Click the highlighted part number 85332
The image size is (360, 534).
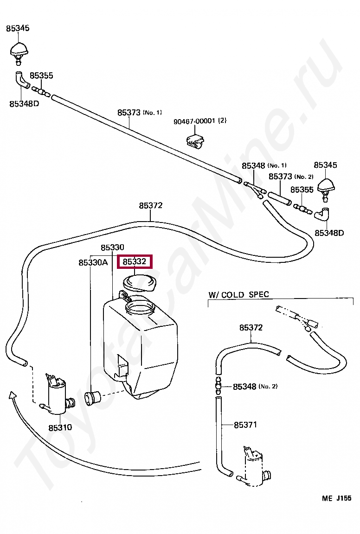pos(135,261)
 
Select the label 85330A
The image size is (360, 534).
pos(93,262)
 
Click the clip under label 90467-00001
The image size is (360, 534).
pos(195,140)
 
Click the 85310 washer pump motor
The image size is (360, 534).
pos(57,395)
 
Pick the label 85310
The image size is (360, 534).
pos(60,427)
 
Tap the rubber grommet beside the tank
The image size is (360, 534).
pos(92,398)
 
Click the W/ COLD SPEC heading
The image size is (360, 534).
pos(238,295)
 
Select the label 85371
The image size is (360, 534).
pos(245,425)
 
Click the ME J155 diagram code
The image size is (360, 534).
pos(336,498)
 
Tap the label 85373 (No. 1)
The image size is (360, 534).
pos(140,112)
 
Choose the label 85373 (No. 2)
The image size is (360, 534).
pos(291,177)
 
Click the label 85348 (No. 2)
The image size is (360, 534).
pos(255,387)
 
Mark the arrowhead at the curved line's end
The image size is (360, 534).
pos(12,395)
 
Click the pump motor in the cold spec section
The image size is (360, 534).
pos(254,465)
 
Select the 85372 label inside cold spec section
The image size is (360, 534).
pos(251,327)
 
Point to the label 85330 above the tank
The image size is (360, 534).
pos(112,247)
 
